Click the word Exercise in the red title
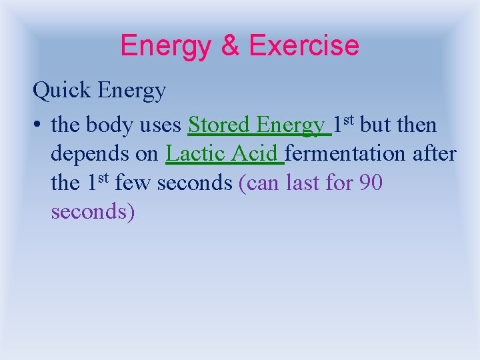pos(304,46)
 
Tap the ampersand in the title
pos(230,46)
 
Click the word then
pos(417,125)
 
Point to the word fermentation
pos(344,153)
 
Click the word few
pos(132,182)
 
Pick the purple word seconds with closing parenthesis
pos(93,211)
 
